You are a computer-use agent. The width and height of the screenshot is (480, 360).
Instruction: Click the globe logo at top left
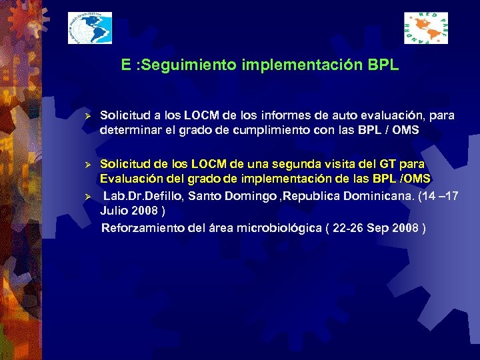pos(90,29)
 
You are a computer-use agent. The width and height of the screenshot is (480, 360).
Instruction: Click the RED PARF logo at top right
pos(425,29)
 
